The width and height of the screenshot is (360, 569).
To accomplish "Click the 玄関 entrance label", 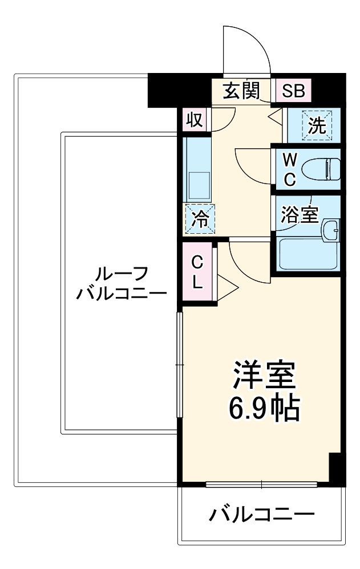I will [x=241, y=91].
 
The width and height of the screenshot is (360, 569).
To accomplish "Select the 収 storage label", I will [x=195, y=120].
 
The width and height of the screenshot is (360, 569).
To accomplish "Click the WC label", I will [x=290, y=169].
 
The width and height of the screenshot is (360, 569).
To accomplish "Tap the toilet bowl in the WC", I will [x=321, y=169].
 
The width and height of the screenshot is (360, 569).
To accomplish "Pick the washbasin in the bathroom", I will [x=330, y=230].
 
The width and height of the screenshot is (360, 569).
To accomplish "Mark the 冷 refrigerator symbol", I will [x=200, y=218].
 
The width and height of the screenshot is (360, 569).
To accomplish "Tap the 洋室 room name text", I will [x=262, y=375].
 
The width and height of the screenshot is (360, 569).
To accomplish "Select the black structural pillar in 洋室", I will [x=337, y=468].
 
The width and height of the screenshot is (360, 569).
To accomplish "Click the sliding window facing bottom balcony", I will [x=261, y=485].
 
